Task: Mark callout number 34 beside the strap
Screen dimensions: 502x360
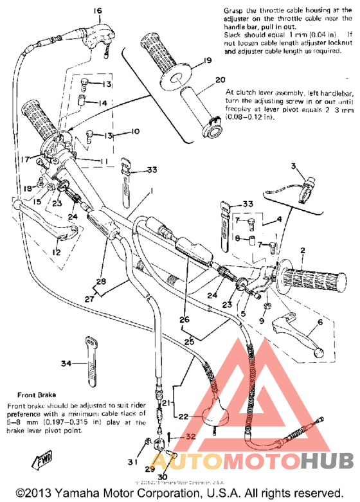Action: click(65, 364)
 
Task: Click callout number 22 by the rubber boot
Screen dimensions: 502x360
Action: click(183, 417)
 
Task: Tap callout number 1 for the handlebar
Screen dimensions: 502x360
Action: click(152, 191)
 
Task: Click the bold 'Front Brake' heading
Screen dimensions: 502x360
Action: click(35, 395)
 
